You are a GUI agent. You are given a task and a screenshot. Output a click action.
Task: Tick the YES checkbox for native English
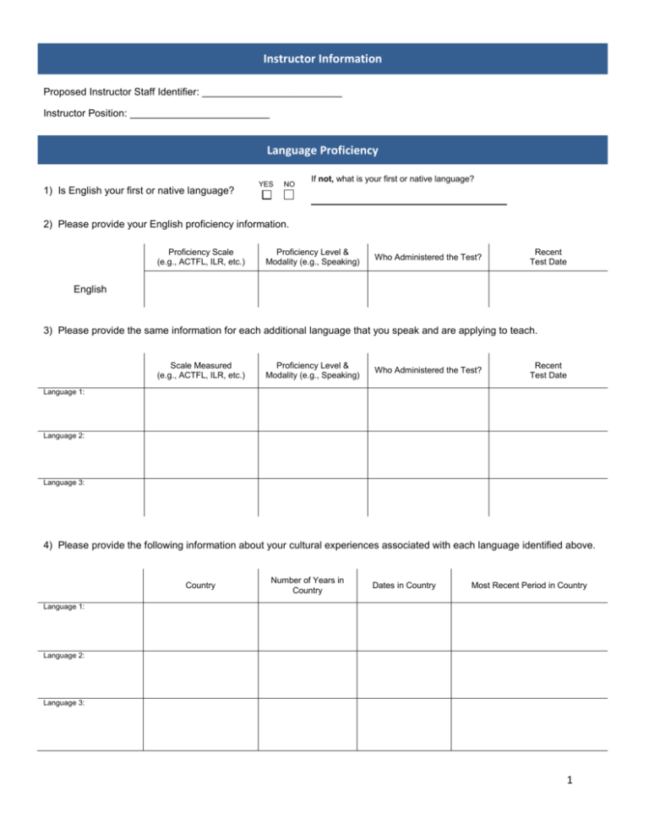click(x=265, y=195)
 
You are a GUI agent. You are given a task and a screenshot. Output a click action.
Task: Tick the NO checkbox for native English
click(x=289, y=195)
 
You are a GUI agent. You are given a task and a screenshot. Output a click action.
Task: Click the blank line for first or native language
click(x=409, y=202)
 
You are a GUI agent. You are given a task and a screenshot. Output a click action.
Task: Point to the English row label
click(x=90, y=289)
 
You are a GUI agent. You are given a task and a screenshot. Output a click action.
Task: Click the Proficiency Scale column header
click(x=201, y=257)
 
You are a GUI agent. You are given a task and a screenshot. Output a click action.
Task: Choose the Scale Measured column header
click(x=201, y=370)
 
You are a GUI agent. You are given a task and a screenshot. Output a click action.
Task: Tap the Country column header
click(x=200, y=585)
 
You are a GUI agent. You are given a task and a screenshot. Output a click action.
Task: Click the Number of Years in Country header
click(x=307, y=585)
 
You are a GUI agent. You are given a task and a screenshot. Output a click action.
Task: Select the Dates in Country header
click(x=401, y=585)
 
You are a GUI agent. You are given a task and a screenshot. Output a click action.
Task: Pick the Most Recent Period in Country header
click(x=528, y=585)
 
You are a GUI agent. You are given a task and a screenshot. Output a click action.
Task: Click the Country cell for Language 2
click(x=200, y=674)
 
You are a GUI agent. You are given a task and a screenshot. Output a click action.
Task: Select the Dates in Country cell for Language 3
click(x=401, y=723)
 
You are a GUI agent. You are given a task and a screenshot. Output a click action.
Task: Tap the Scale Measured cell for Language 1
click(x=201, y=408)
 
